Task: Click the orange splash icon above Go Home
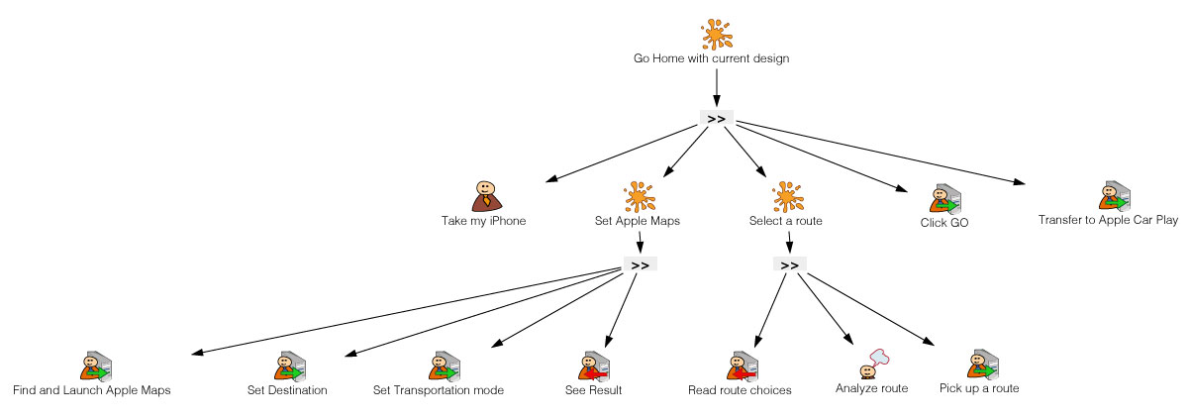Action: pyautogui.click(x=717, y=35)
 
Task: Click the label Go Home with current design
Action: pyautogui.click(x=711, y=58)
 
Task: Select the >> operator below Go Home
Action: pyautogui.click(x=717, y=118)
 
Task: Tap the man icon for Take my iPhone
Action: pyautogui.click(x=484, y=196)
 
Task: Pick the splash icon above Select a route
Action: pyautogui.click(x=785, y=197)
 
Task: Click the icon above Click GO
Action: pyautogui.click(x=943, y=199)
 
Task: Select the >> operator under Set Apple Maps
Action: pyautogui.click(x=640, y=264)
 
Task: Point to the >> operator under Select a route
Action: pyautogui.click(x=789, y=264)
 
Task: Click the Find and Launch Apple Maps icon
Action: pyautogui.click(x=93, y=367)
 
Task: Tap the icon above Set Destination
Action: pyautogui.click(x=288, y=367)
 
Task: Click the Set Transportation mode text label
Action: pyautogui.click(x=439, y=390)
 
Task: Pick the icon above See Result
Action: pyautogui.click(x=593, y=367)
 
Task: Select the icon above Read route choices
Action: pyautogui.click(x=741, y=367)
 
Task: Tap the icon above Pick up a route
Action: pyautogui.click(x=979, y=365)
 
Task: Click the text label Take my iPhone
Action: pyautogui.click(x=483, y=221)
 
